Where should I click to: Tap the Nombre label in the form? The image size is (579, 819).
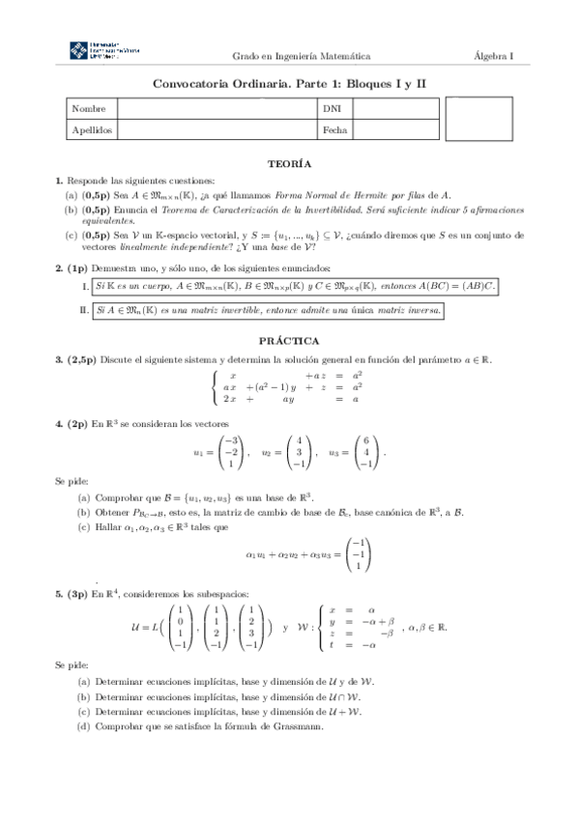tap(88, 109)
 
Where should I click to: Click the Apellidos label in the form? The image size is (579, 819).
tap(92, 128)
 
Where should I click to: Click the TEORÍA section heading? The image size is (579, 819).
tap(289, 164)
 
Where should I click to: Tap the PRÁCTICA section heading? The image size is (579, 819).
tap(289, 341)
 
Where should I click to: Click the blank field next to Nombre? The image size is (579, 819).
tap(217, 109)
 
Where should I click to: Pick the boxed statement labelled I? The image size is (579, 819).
tap(294, 287)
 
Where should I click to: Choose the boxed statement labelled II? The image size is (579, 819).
tap(269, 311)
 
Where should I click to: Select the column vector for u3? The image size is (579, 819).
tap(365, 450)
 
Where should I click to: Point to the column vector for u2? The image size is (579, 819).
tap(299, 450)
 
